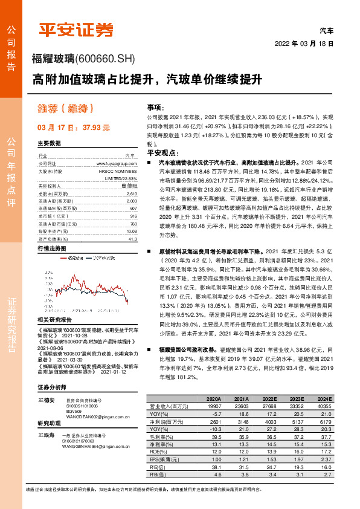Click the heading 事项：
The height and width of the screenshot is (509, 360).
coord(156,106)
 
